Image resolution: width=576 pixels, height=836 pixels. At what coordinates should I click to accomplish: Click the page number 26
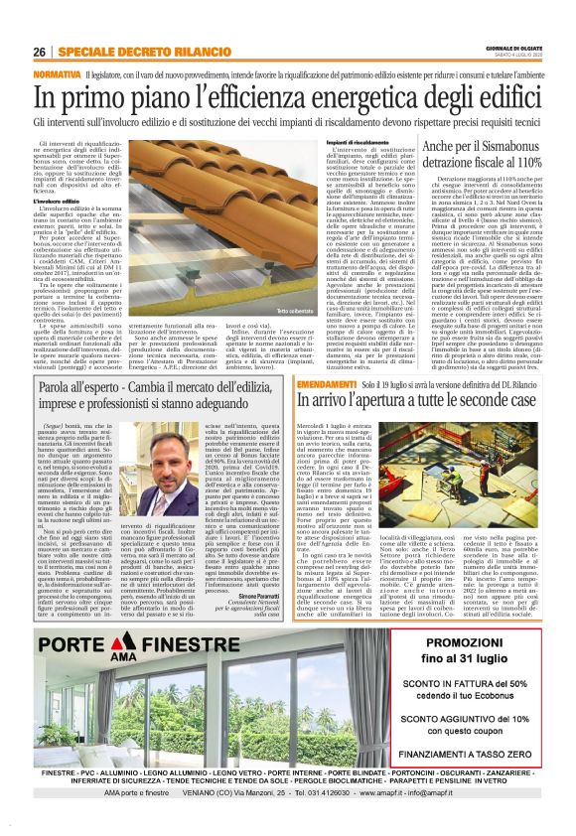(x=38, y=52)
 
